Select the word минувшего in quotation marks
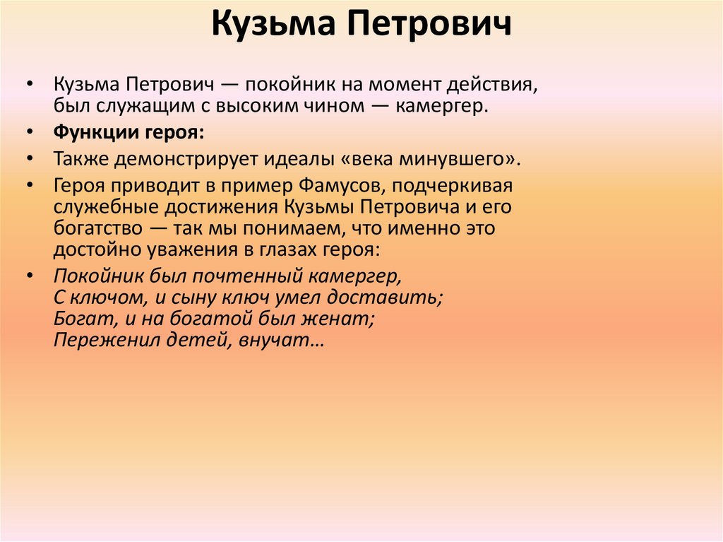(458, 158)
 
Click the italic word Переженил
(94, 340)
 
